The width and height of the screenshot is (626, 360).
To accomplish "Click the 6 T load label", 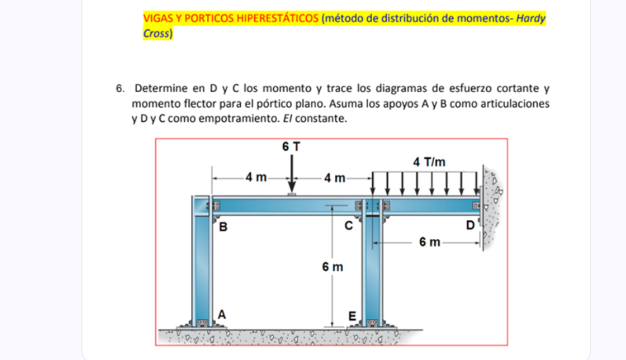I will click(291, 146).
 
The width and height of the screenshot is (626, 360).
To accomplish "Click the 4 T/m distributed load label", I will click(429, 162).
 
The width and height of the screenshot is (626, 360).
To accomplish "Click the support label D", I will click(470, 225).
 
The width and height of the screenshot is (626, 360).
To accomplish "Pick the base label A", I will click(221, 314).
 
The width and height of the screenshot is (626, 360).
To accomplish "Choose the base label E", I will click(353, 316).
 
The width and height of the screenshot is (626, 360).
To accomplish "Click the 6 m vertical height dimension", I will click(332, 267).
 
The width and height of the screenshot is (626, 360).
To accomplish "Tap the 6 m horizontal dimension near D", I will click(429, 242).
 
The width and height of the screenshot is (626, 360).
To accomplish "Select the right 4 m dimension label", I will click(334, 178).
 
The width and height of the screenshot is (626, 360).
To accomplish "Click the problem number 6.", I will click(119, 89).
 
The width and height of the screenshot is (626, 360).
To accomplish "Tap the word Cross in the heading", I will click(156, 34).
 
